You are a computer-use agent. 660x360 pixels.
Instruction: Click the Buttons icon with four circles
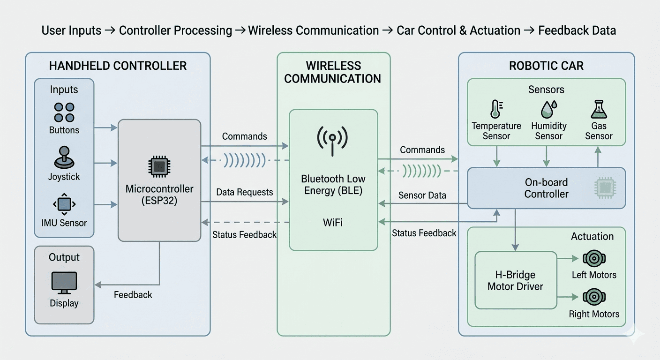pos(64,112)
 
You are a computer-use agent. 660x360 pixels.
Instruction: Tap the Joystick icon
pos(64,158)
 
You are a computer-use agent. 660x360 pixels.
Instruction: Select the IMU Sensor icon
pos(64,204)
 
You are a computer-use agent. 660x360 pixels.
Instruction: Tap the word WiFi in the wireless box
pos(333,222)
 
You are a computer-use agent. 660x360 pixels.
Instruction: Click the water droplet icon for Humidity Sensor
pos(548,109)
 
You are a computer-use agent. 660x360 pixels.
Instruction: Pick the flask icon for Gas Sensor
pos(599,109)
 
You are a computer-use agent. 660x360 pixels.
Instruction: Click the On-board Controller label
pos(546,188)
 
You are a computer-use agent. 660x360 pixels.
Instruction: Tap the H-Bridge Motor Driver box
pos(515,280)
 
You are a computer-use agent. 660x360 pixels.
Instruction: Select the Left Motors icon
pos(594,258)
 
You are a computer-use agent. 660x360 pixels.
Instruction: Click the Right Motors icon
pos(594,297)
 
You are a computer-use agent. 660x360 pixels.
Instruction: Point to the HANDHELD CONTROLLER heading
pos(118,66)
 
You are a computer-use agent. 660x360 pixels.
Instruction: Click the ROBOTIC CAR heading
pos(546,66)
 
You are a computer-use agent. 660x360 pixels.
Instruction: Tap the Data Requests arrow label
pos(244,192)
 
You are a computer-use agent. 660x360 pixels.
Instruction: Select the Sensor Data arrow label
pos(422,195)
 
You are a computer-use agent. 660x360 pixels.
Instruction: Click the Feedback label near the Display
pos(133,295)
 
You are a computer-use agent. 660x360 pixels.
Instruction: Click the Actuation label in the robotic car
pos(592,236)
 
